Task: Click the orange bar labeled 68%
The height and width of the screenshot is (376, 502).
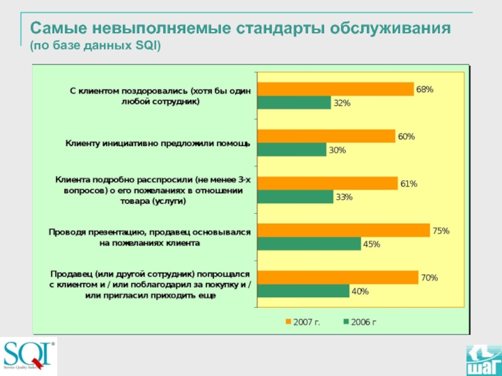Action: coord(335,89)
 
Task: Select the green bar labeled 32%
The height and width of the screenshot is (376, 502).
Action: coord(294,103)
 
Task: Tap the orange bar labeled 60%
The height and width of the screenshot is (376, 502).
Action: coord(326,136)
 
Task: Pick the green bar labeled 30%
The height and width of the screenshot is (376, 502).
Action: coord(292,150)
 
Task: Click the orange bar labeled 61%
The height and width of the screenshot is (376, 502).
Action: coord(327,183)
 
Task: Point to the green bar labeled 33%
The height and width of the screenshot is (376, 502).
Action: coord(295,197)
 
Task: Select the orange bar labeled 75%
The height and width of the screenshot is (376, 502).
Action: coord(343,230)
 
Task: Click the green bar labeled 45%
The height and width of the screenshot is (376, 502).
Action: coord(309,244)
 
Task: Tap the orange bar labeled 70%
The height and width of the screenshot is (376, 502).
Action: coord(338,277)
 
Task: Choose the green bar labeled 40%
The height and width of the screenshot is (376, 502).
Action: coord(303,291)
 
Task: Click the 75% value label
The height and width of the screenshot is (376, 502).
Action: coord(441,231)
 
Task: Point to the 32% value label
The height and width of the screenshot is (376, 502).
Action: coord(342,103)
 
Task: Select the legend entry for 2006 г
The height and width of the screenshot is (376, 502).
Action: coord(360,322)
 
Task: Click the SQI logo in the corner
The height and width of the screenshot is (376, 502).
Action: coord(29,355)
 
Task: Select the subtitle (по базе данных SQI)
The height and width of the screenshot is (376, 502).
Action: coord(95,46)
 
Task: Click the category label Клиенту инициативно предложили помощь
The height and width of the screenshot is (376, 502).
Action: coord(158,144)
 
